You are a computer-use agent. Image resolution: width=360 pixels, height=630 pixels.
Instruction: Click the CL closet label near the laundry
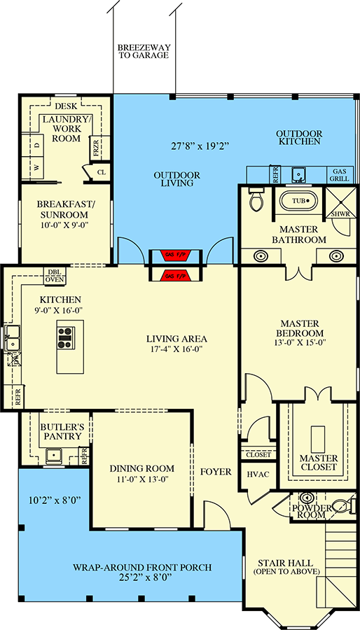pos(101,171)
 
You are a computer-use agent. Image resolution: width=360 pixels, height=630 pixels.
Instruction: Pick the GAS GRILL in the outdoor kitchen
pos(340,175)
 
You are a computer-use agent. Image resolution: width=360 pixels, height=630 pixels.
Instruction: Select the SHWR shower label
pos(340,213)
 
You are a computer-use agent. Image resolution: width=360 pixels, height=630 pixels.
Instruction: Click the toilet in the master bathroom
pos(256,202)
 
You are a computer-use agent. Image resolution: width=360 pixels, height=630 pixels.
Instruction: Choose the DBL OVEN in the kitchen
pos(54,276)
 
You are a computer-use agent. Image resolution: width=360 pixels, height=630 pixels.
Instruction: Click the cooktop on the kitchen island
pos(65,338)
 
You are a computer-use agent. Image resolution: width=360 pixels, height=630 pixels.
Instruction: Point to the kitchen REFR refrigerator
pos(18,397)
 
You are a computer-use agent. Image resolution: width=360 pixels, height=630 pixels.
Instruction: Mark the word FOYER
pos(216,472)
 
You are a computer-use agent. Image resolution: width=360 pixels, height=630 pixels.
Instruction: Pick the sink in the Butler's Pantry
pos(53,456)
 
